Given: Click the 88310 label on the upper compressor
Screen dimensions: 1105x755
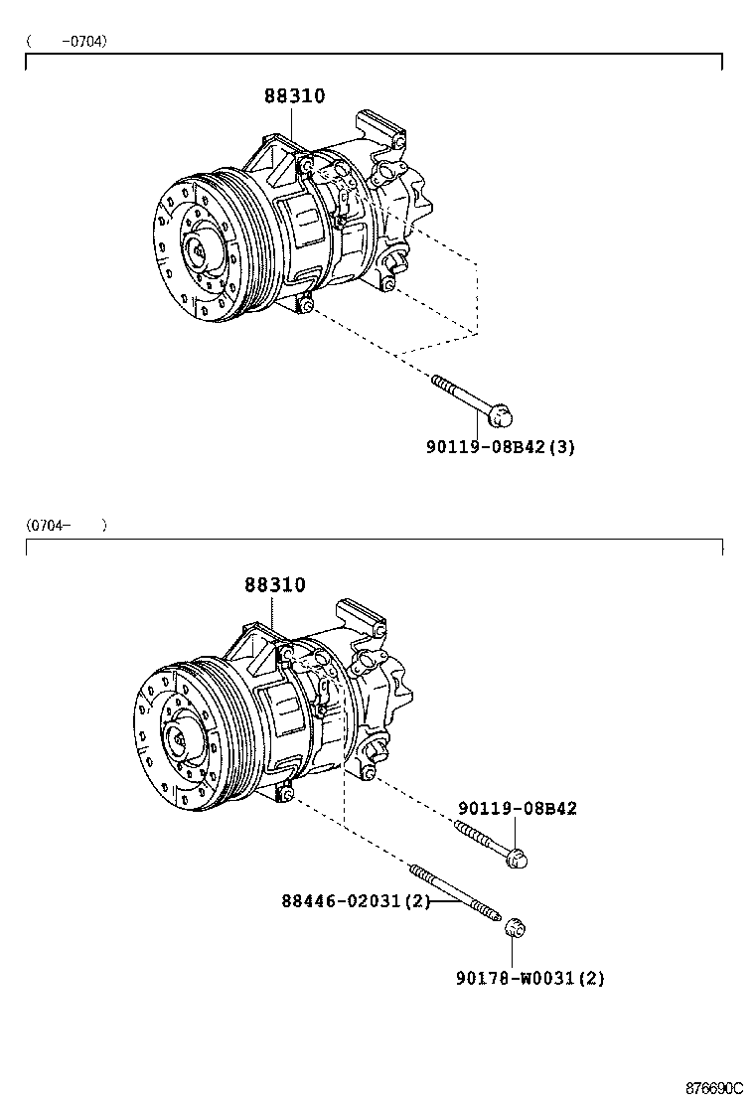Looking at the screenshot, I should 294,96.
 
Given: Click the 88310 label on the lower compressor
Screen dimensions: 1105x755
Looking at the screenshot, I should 275,585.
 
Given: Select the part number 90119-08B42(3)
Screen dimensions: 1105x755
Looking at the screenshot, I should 501,447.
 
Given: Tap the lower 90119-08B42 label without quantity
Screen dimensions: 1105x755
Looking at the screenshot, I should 517,809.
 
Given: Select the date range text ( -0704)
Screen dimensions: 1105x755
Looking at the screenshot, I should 67,41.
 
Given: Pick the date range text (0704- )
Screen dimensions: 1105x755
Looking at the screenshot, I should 67,525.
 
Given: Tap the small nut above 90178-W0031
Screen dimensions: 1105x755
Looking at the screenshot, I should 514,928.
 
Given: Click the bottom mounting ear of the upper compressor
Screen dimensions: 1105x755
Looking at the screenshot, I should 306,305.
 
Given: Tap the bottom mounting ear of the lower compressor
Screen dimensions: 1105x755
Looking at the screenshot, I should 284,792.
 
